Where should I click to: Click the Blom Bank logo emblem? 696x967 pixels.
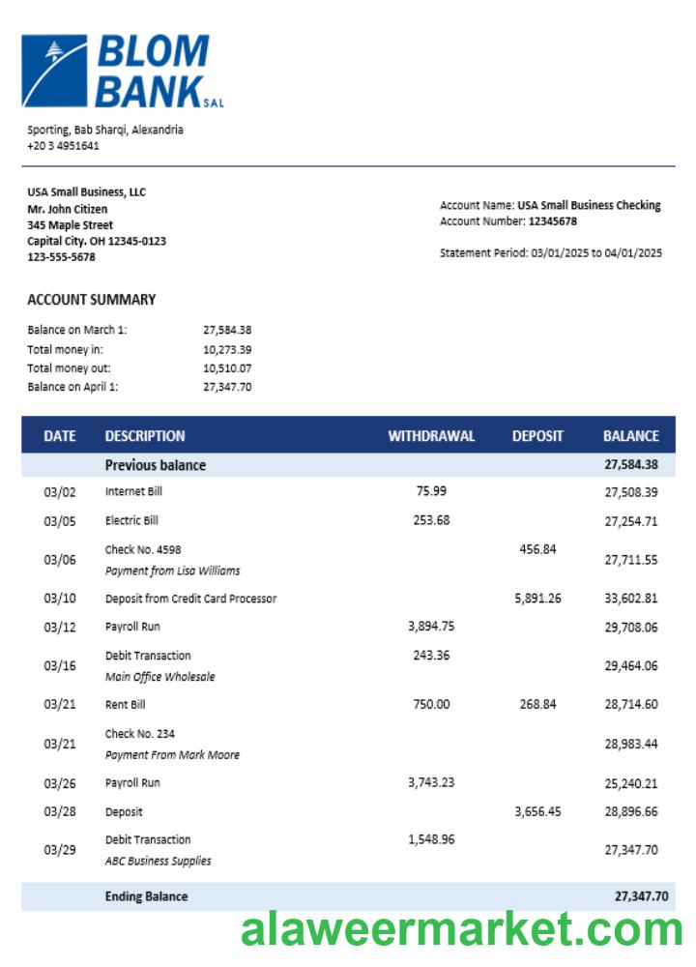tap(54, 71)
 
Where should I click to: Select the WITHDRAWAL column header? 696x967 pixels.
tap(431, 436)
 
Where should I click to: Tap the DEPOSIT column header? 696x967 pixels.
tap(537, 436)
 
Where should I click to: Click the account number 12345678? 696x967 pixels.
tap(552, 221)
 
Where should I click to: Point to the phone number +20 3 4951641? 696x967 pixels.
tap(63, 146)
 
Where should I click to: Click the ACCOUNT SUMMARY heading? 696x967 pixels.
tap(91, 300)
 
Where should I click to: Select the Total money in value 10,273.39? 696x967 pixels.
tap(227, 349)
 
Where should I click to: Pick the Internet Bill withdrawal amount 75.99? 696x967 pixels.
tap(431, 491)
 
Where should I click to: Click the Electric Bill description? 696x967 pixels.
tap(131, 520)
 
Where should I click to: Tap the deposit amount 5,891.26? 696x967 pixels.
tap(537, 599)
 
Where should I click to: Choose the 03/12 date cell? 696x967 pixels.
tap(59, 627)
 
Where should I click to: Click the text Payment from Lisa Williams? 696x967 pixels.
tap(172, 571)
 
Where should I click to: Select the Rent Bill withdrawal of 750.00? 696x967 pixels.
tap(431, 704)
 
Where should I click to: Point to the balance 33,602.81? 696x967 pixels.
tap(630, 599)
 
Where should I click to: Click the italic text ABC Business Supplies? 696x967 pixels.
tap(158, 861)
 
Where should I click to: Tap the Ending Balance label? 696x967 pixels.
tap(146, 896)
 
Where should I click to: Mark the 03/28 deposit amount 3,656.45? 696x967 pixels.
tap(537, 811)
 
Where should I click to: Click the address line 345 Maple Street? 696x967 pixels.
tap(70, 225)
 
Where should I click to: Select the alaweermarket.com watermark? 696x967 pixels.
tap(462, 930)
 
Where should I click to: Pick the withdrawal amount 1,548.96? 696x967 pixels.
tap(431, 839)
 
